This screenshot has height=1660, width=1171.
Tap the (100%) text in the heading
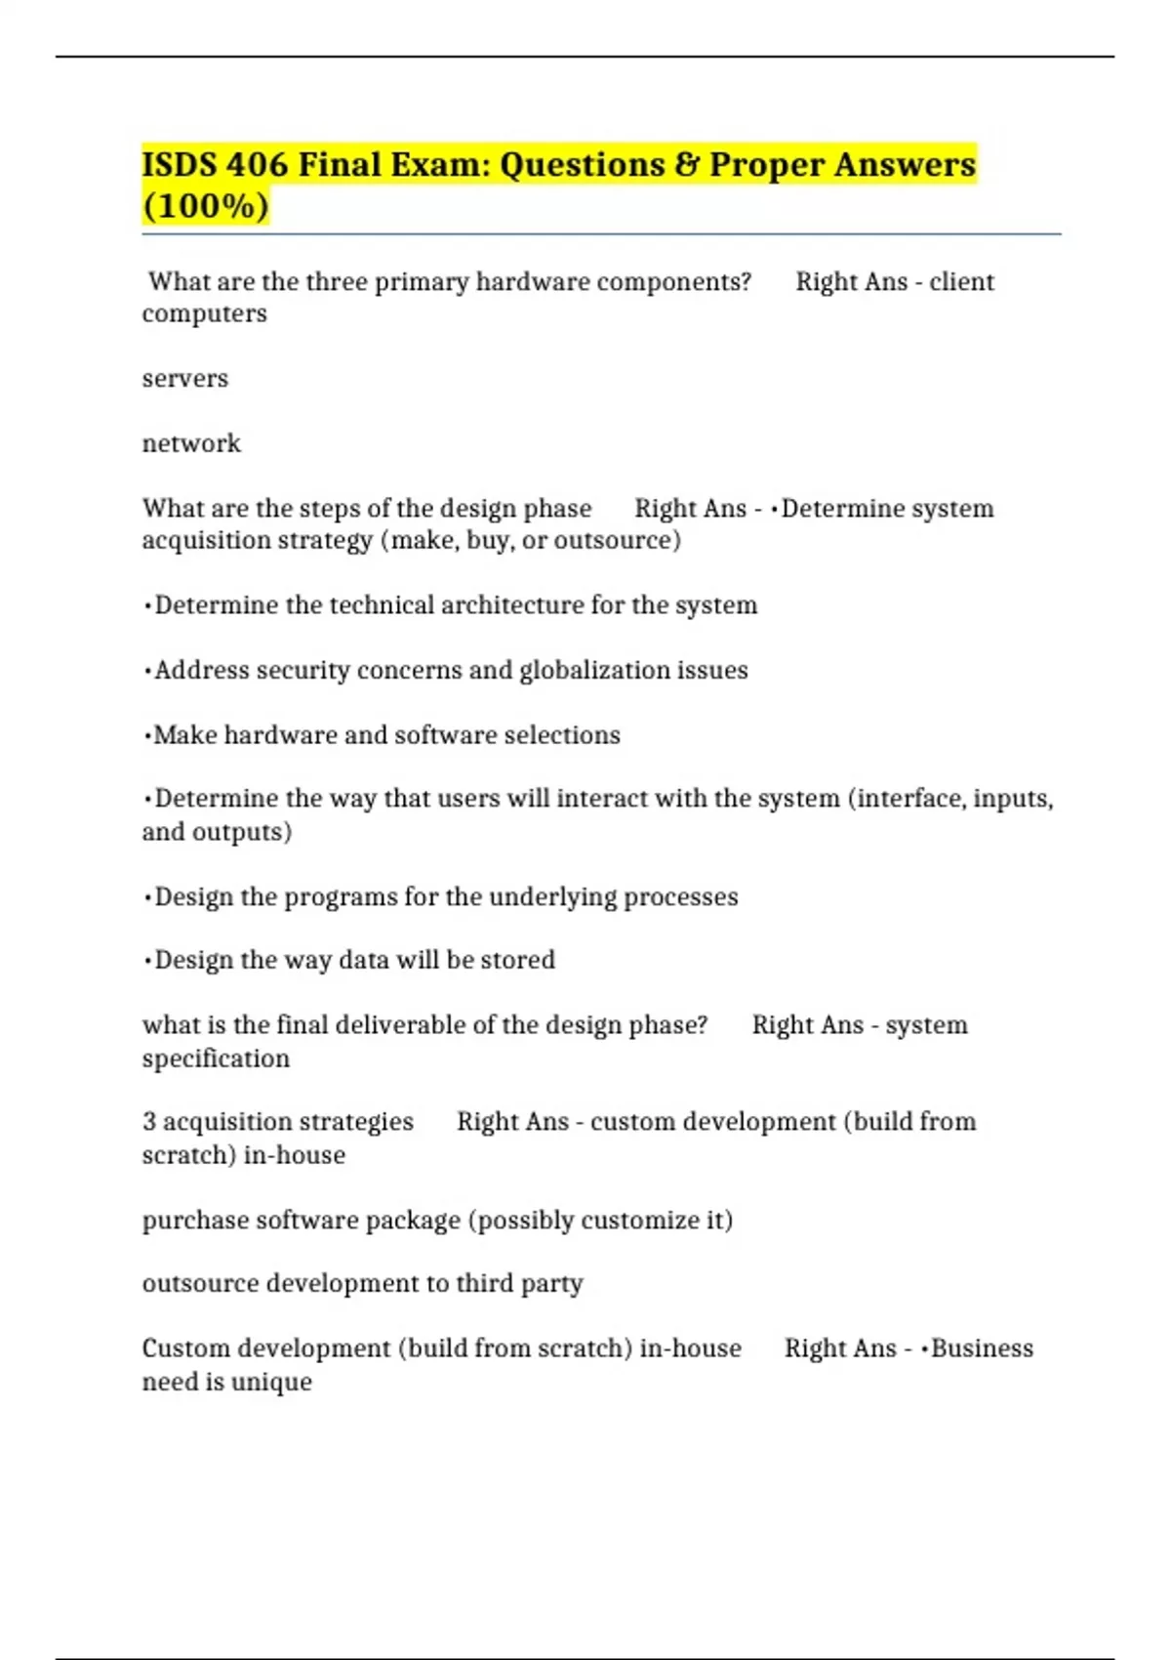coord(205,206)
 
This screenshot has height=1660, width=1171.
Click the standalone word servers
coord(184,379)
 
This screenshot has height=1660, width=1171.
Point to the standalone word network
coord(191,443)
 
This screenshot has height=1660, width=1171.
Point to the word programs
coord(341,896)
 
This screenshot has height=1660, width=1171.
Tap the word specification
coord(216,1058)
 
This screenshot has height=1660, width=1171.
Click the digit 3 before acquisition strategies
coord(149,1122)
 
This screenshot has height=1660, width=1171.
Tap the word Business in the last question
coord(982,1349)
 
